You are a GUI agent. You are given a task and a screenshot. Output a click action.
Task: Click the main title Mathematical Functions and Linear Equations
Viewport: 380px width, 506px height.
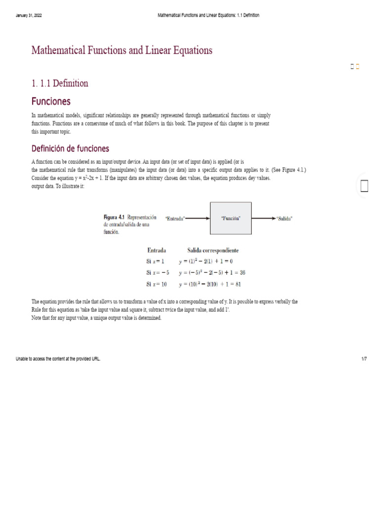122,50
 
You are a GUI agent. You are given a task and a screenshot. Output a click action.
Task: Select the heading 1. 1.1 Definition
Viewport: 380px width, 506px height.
60,83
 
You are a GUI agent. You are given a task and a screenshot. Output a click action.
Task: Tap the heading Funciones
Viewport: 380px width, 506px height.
51,101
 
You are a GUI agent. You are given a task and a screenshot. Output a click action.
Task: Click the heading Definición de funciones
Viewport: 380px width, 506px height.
70,149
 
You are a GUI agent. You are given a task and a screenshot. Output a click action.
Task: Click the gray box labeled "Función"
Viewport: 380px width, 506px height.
231,218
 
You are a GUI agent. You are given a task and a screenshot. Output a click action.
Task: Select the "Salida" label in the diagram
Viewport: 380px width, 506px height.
284,218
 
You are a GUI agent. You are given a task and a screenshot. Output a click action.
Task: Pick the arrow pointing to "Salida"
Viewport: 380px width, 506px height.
262,218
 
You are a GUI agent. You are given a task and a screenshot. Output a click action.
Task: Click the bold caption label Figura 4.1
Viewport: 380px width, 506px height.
114,217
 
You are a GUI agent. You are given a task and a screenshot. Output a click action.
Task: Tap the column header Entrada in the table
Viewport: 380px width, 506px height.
157,251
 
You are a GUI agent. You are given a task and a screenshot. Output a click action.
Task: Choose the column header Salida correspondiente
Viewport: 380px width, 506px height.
213,251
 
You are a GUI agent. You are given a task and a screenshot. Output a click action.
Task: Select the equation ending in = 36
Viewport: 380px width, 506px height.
209,272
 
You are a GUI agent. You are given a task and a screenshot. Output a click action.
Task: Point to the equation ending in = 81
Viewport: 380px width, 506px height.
210,284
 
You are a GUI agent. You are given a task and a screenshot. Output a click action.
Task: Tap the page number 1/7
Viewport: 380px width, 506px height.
364,359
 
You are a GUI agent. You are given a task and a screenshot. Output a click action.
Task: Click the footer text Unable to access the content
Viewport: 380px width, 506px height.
58,359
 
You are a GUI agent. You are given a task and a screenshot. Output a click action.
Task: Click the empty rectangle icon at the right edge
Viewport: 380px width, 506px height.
365,186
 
